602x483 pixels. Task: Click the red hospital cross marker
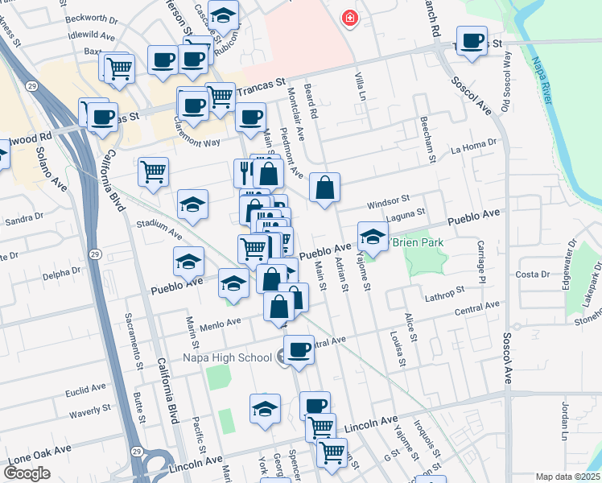(x=349, y=17)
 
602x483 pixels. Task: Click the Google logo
(x=27, y=473)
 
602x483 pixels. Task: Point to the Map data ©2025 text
(x=567, y=477)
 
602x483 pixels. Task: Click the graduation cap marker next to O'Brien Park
(x=373, y=237)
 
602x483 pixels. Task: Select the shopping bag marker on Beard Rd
(x=324, y=189)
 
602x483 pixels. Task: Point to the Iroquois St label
(x=435, y=441)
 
